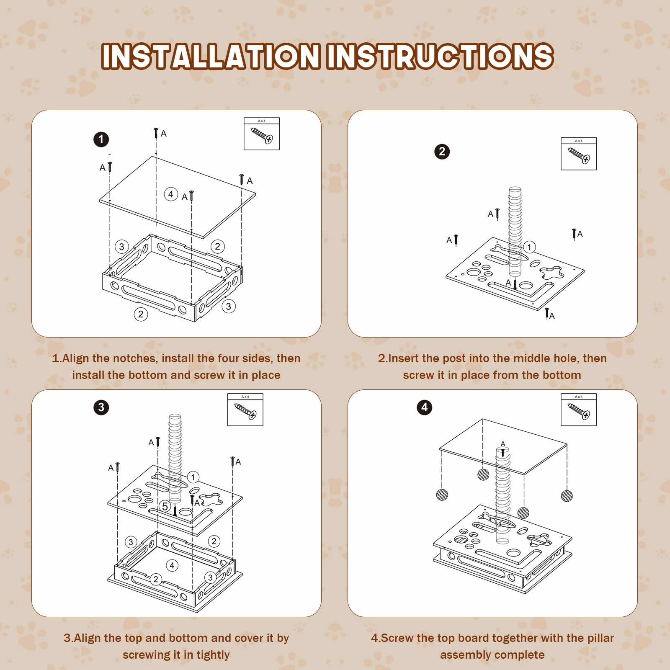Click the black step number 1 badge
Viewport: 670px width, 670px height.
point(101,139)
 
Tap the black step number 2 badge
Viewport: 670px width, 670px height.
point(442,152)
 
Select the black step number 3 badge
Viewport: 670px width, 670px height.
point(101,407)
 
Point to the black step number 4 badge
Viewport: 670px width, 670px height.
point(424,407)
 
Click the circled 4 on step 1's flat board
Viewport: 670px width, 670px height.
point(170,194)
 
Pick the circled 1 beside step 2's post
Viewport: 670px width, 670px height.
point(529,247)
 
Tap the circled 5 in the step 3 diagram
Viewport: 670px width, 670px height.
point(165,507)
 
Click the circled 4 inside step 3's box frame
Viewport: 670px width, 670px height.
point(172,566)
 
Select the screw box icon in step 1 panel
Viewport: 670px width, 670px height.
point(262,134)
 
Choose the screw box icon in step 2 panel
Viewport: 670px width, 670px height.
point(579,154)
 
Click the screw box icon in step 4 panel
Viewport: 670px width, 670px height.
point(579,410)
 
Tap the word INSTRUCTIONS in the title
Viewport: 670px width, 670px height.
point(441,56)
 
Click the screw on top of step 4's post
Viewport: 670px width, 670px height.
point(503,452)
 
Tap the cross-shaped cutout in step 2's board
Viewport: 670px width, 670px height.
point(552,273)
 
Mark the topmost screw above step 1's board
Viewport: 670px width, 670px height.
point(156,133)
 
